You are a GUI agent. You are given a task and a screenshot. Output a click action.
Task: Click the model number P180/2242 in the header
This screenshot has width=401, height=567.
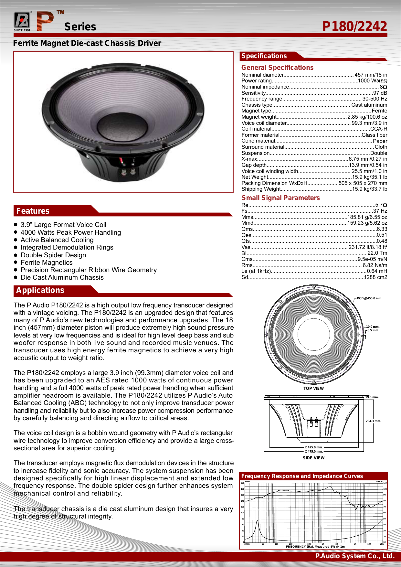[x=354, y=27]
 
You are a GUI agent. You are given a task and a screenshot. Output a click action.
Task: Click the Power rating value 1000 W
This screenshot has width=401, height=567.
[x=372, y=81]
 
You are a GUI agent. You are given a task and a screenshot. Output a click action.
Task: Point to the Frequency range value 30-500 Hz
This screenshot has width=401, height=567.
[x=375, y=99]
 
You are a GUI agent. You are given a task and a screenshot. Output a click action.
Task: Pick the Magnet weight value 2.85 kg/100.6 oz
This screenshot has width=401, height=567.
[x=367, y=117]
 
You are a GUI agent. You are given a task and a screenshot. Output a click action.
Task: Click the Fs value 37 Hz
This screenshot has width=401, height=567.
[x=380, y=211]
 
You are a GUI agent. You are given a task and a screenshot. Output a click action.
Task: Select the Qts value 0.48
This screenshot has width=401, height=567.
[x=382, y=241]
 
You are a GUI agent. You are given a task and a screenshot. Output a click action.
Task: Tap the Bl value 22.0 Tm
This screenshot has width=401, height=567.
[x=377, y=253]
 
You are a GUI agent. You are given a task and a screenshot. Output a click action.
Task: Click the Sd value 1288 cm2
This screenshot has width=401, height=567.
[x=375, y=277]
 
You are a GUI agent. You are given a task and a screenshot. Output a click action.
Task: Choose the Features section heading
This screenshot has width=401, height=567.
[x=33, y=211]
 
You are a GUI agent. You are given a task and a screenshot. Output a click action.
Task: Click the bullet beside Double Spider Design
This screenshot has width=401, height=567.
[x=16, y=255]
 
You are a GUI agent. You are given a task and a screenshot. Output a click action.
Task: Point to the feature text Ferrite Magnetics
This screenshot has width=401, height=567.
[x=47, y=262]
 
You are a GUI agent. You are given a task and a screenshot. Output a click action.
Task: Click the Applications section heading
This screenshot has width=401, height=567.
[x=40, y=290]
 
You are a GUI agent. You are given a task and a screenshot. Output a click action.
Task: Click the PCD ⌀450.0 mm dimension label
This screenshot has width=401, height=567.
[x=370, y=298]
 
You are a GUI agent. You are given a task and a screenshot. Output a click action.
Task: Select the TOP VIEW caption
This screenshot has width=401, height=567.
[x=313, y=389]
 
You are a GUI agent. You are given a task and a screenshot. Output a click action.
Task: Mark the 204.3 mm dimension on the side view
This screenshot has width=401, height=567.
[x=373, y=421]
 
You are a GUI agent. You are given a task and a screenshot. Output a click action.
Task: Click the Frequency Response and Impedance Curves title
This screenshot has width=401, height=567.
[x=302, y=476]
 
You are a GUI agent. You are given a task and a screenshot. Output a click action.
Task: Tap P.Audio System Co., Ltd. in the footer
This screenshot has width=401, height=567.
[x=355, y=556]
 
